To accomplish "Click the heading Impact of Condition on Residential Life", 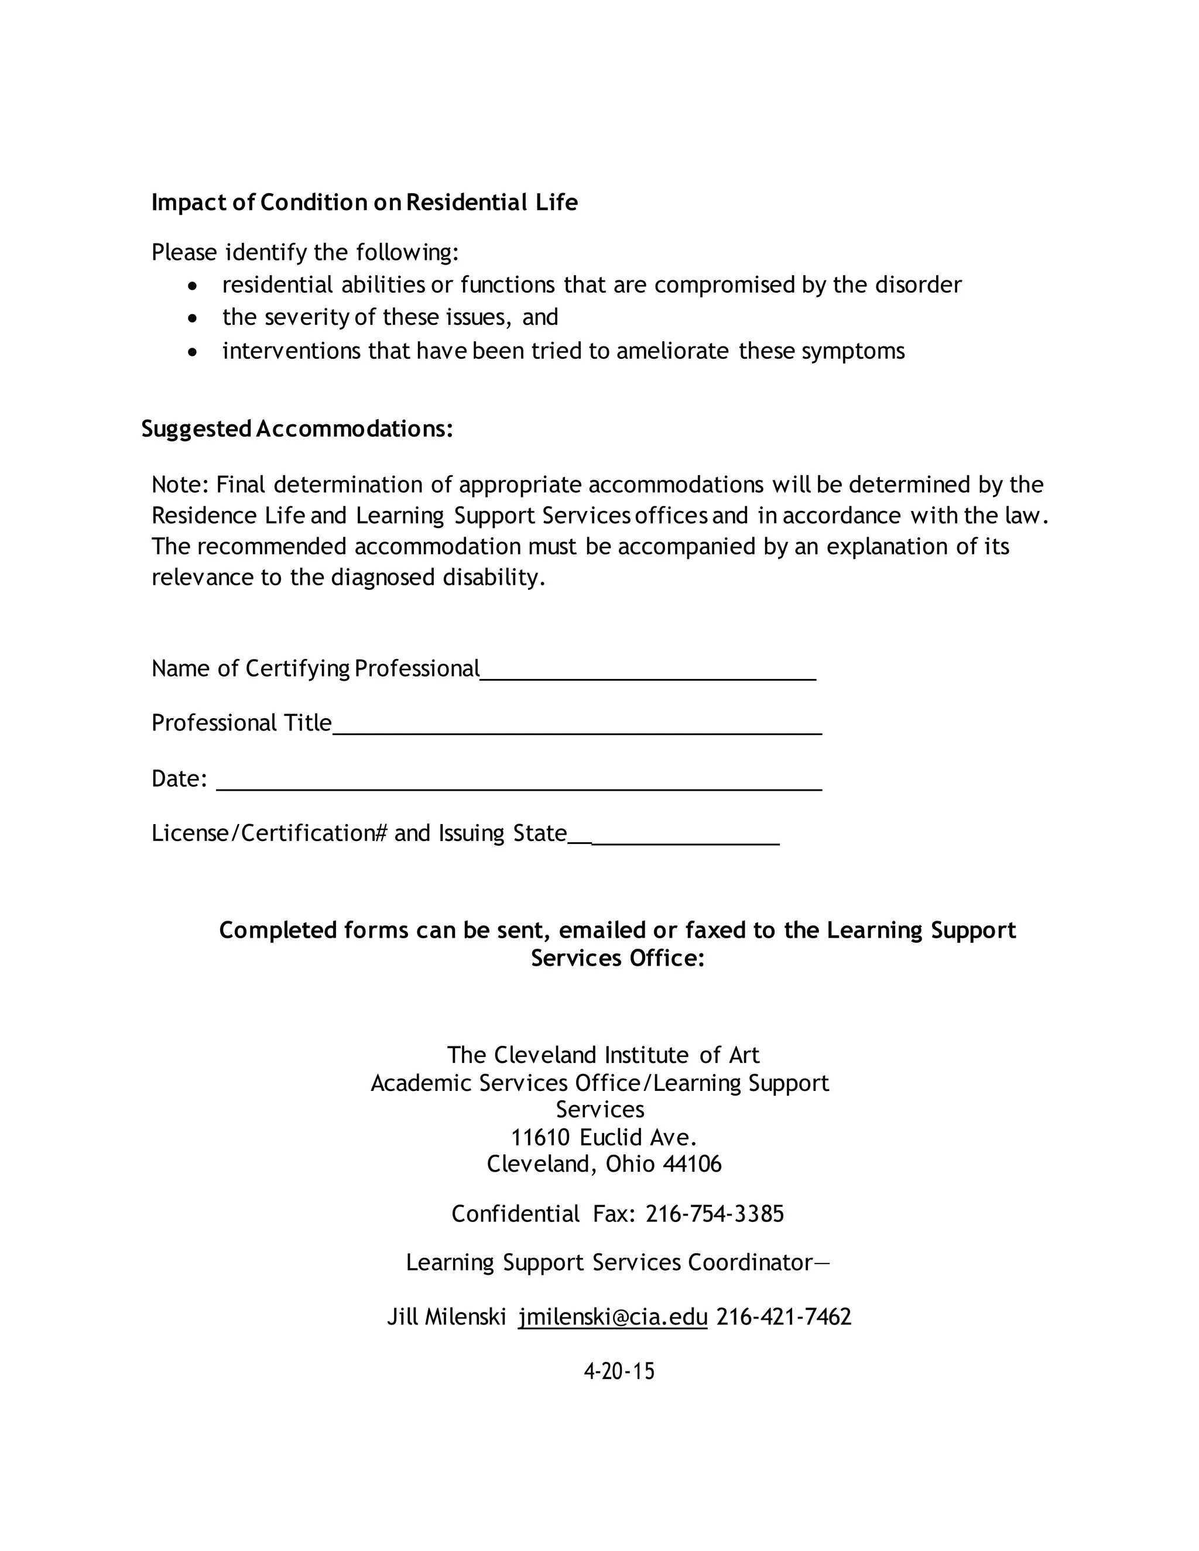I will pyautogui.click(x=364, y=203).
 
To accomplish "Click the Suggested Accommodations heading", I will pyautogui.click(x=297, y=429).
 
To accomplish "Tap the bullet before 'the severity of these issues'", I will pyautogui.click(x=193, y=319).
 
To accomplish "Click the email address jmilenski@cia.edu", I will pyautogui.click(x=612, y=1317).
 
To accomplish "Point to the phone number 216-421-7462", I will pyautogui.click(x=783, y=1317).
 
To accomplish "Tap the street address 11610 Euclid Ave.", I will pyautogui.click(x=603, y=1137).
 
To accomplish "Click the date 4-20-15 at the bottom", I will pyautogui.click(x=619, y=1371).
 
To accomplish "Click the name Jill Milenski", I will pyautogui.click(x=446, y=1317).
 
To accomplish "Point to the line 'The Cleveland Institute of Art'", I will pyautogui.click(x=603, y=1055).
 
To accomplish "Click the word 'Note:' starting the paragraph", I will pyautogui.click(x=180, y=485).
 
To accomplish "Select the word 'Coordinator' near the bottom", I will pyautogui.click(x=749, y=1262).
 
